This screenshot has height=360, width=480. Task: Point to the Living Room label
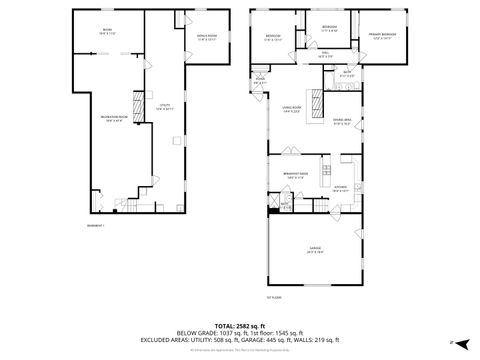291,108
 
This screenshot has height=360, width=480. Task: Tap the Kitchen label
340,188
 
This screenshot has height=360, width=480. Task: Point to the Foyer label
259,82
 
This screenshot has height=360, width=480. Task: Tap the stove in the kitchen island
326,166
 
